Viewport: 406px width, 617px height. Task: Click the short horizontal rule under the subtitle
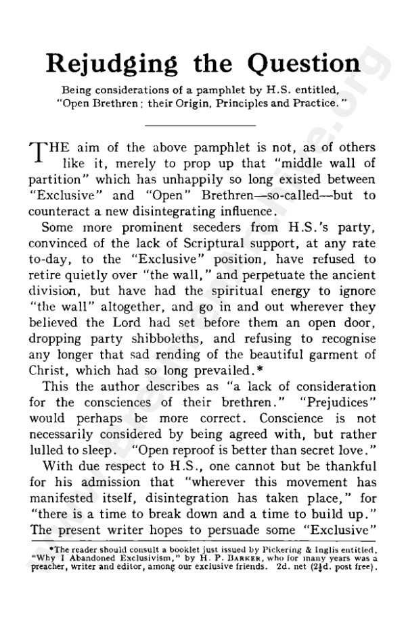pos(201,126)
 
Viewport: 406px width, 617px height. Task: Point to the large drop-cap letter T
pos(39,155)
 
